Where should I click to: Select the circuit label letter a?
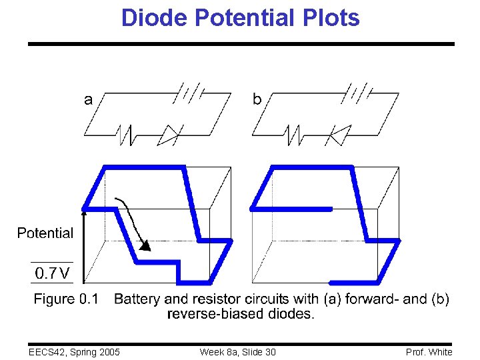click(88, 100)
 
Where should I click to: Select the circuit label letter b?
click(257, 99)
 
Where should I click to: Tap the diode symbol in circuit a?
click(168, 135)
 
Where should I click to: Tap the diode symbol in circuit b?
click(338, 135)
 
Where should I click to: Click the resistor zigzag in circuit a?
click(126, 135)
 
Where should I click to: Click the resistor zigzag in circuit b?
click(294, 135)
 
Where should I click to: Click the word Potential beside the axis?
click(45, 233)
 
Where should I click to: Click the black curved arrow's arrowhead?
click(146, 245)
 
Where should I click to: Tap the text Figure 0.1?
click(66, 299)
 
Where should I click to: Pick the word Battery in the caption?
click(137, 299)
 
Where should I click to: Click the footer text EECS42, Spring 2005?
click(74, 351)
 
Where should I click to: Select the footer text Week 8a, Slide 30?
click(237, 351)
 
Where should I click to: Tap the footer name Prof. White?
click(429, 351)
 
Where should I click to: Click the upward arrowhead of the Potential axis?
click(84, 213)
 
